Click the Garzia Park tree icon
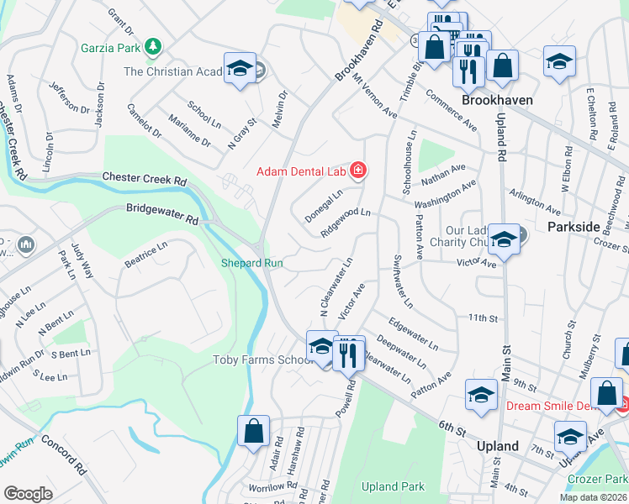click(153, 45)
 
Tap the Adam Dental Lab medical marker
click(359, 171)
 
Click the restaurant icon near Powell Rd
click(348, 353)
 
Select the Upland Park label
click(393, 486)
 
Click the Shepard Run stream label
click(251, 263)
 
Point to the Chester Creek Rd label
click(144, 179)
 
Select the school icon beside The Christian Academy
click(240, 69)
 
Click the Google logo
click(28, 493)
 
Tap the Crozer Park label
click(598, 478)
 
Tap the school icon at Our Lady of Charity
click(505, 239)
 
